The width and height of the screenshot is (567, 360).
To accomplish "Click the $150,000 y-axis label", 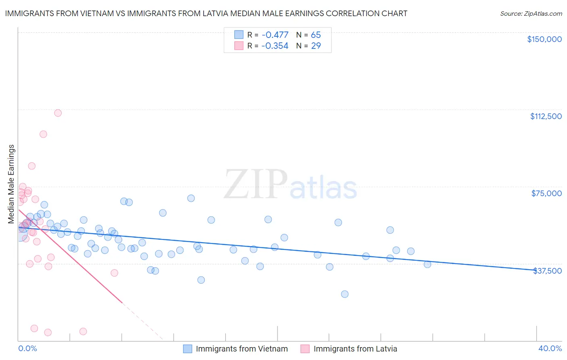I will tap(544, 39).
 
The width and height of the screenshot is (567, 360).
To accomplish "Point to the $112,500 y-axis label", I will tap(546, 116).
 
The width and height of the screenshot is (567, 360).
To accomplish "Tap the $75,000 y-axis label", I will tap(546, 193).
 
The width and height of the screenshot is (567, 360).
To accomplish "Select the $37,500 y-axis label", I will tap(547, 271).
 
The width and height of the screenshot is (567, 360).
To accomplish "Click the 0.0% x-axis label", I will tap(27, 348).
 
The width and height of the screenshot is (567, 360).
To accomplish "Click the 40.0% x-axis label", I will tap(550, 348).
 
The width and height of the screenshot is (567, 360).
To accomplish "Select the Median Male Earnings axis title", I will tap(11, 184).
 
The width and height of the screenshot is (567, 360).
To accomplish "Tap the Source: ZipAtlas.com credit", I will tap(531, 13).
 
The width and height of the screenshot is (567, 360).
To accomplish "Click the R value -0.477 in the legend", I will tap(275, 35).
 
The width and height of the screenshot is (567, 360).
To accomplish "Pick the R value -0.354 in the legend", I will tap(275, 46).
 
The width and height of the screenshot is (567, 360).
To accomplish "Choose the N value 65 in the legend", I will tap(316, 35).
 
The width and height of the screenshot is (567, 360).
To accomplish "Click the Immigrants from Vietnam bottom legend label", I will tap(242, 349).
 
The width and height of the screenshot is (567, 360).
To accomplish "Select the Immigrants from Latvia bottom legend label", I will tap(355, 349).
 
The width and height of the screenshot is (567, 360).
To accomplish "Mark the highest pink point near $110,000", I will tap(58, 113).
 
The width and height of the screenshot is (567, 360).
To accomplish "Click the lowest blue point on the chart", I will tap(344, 294).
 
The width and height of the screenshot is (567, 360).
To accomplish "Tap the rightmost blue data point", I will tap(427, 264).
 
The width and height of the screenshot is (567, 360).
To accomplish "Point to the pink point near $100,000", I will tap(43, 134).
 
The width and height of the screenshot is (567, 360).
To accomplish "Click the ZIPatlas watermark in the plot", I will tap(290, 185).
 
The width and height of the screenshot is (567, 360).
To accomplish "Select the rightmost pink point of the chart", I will tap(114, 273).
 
